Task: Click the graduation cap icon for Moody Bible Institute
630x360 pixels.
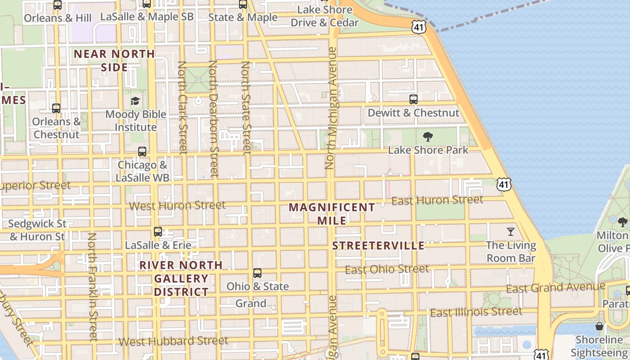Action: point(135,101)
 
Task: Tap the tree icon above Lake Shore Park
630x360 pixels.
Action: point(428,136)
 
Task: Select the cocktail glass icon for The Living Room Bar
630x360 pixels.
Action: point(510,232)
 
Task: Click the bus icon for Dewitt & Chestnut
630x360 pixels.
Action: point(413,99)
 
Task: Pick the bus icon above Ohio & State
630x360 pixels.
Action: point(257,273)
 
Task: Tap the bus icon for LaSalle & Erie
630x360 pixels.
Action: point(157,232)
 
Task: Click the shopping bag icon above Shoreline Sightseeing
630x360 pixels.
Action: point(599,326)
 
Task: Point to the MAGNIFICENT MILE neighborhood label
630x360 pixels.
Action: point(332,214)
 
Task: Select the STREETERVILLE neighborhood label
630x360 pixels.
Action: point(378,246)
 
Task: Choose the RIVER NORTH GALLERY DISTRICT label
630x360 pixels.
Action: point(181,279)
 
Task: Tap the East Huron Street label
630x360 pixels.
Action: point(437,200)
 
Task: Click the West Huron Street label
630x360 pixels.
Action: point(177,206)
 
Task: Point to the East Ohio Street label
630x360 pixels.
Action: point(387,270)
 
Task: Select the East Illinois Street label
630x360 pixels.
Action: point(476,312)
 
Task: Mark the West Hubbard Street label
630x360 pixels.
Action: point(173,341)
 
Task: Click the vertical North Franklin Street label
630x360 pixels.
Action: point(92,287)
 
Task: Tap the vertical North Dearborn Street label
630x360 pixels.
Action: point(213,119)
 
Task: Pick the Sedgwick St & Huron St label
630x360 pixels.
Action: point(37,230)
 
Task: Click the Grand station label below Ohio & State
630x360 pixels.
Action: point(251,303)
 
